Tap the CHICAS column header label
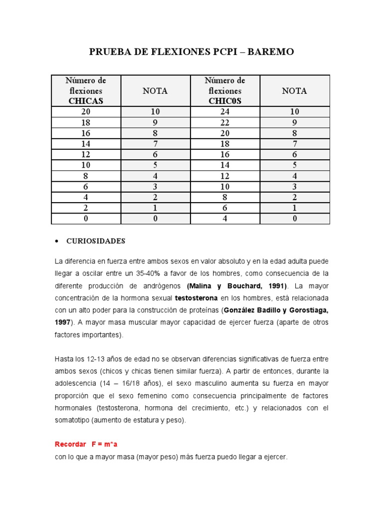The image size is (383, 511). pos(86,101)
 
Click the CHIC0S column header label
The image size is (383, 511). pos(225,101)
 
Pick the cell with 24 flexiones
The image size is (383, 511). pos(225,112)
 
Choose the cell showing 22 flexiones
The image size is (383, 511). pos(225,122)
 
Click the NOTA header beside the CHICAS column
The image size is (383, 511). pos(155,91)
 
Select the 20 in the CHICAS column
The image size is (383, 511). pos(86,112)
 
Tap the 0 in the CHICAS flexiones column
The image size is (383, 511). pos(86,218)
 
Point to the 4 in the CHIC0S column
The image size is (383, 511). pos(225,218)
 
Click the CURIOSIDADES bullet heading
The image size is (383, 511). pos(96,241)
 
